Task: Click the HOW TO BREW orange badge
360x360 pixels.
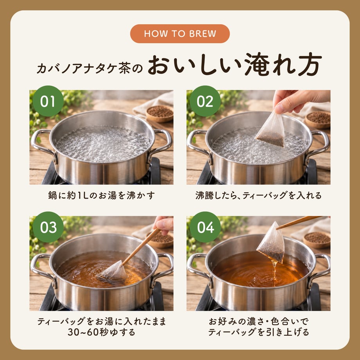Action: (x=180, y=34)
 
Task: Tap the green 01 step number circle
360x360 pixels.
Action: (x=48, y=101)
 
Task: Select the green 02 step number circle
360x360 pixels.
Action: (x=205, y=101)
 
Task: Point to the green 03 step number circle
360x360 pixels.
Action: (x=48, y=227)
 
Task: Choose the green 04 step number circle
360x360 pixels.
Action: (x=205, y=227)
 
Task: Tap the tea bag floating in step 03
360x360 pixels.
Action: (x=113, y=272)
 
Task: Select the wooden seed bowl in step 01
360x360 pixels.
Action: (x=160, y=113)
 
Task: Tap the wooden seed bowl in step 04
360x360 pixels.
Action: (x=317, y=240)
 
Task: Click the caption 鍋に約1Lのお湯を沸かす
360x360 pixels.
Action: (x=101, y=196)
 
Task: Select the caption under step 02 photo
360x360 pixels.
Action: (x=259, y=196)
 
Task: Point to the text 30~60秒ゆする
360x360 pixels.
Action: (x=101, y=332)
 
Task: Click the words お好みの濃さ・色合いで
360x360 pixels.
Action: (x=259, y=321)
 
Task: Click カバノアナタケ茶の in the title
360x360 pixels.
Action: (x=90, y=68)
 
